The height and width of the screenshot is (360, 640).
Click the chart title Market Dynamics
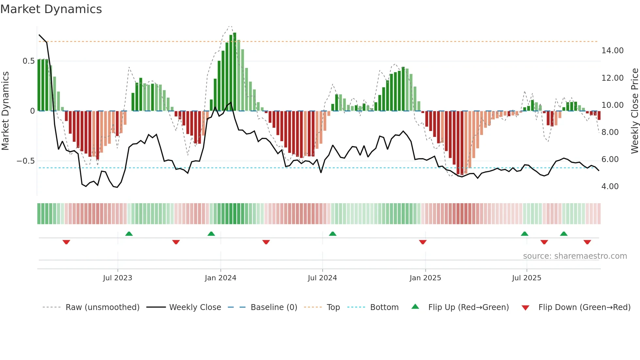pos(51,9)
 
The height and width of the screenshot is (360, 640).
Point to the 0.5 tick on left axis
pos(28,61)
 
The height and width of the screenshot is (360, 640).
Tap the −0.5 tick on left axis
pos(25,161)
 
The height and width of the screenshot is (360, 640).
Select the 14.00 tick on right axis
pos(612,51)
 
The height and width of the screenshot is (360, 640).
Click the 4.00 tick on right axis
pos(610,187)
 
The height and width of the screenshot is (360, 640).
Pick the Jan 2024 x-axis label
pos(220,278)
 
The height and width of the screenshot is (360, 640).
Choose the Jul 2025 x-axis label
pos(526,278)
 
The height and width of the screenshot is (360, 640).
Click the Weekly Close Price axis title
pos(634,111)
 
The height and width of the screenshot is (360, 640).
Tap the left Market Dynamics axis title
pos(5,111)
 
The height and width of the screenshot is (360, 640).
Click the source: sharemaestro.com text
pos(575,256)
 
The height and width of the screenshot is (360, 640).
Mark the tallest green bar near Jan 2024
pos(234,72)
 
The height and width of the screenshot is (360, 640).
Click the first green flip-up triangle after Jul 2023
pos(129,234)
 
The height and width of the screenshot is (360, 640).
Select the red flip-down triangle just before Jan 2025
pos(423,242)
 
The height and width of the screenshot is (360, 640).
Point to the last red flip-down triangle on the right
pos(587,242)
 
